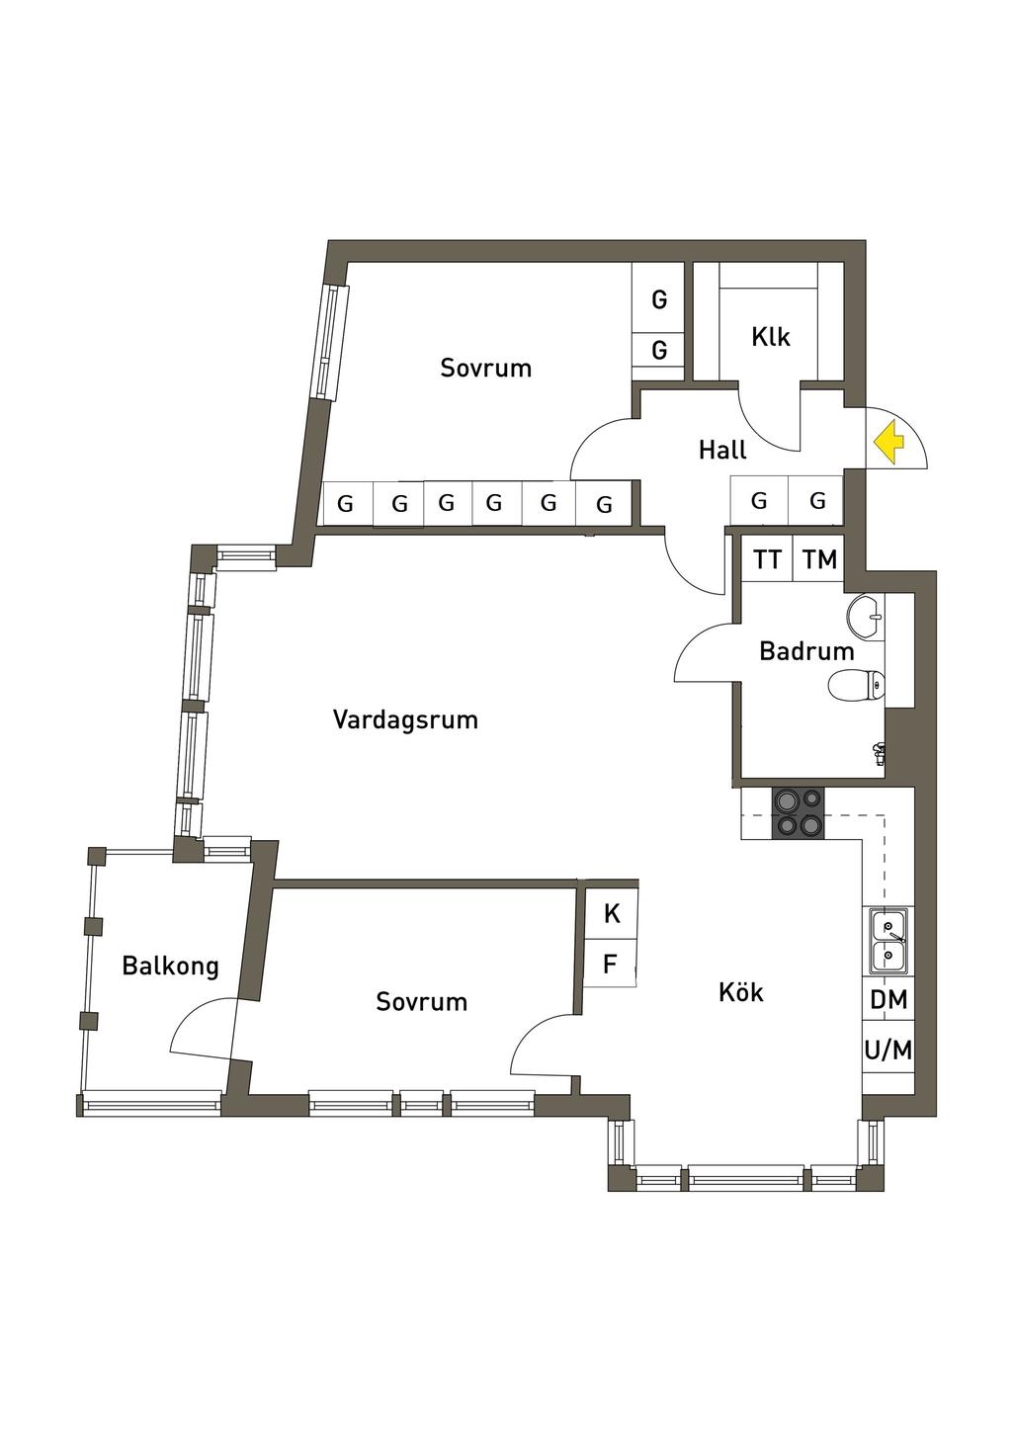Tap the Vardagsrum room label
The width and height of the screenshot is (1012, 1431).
tap(405, 719)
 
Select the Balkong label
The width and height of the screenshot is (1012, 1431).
tap(170, 966)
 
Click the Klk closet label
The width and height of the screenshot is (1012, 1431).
tap(771, 337)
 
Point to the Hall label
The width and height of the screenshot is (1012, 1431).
tap(722, 451)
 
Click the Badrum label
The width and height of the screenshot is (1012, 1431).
tap(806, 651)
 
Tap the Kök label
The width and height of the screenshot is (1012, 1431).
tap(741, 992)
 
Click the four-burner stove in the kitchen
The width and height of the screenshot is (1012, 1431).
tap(799, 812)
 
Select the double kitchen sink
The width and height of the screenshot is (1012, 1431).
tap(887, 941)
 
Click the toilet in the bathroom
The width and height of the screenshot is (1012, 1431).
tap(856, 685)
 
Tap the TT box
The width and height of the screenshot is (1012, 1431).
tap(767, 560)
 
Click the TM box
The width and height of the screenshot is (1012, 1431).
tap(819, 560)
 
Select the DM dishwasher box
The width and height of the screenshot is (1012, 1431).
tap(888, 1000)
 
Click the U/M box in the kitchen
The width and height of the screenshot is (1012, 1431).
tap(888, 1051)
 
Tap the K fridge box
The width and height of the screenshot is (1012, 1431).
tap(612, 913)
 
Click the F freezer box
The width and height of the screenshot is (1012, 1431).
tap(611, 964)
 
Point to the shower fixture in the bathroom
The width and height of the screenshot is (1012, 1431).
tap(878, 753)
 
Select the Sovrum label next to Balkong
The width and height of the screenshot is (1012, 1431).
tap(421, 1002)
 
